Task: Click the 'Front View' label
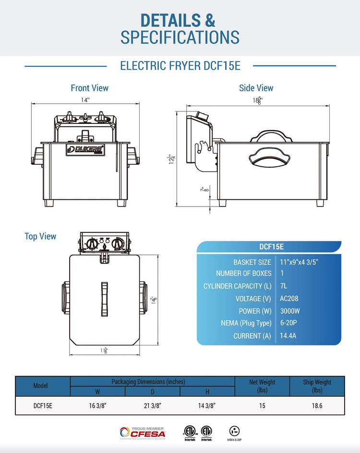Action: (x=89, y=88)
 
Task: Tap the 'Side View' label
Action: (x=256, y=88)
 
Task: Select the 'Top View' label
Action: (x=40, y=236)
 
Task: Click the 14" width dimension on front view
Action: (x=85, y=100)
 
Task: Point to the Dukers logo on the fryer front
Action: (x=85, y=149)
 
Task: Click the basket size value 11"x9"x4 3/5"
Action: (x=299, y=262)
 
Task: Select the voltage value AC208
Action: (x=289, y=298)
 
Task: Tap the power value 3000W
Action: (x=290, y=311)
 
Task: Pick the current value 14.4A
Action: (x=288, y=335)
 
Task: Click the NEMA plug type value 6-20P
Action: (x=289, y=323)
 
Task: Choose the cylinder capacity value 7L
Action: (x=283, y=286)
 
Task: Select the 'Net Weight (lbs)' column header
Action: (x=262, y=386)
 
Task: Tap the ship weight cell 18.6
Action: (x=317, y=405)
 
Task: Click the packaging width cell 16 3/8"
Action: (x=98, y=405)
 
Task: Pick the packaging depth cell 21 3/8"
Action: (x=153, y=405)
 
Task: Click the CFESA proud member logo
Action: (x=142, y=432)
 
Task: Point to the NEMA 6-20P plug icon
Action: (x=234, y=431)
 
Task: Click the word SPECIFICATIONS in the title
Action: (x=180, y=37)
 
